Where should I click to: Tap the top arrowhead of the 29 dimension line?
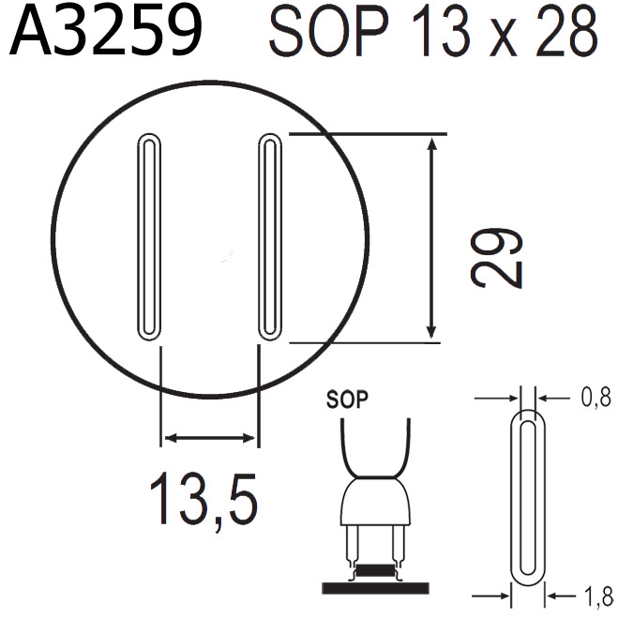point(431,143)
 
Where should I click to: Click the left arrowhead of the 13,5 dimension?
point(169,437)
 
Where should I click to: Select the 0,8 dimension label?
point(593,399)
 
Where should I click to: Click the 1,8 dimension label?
point(593,595)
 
